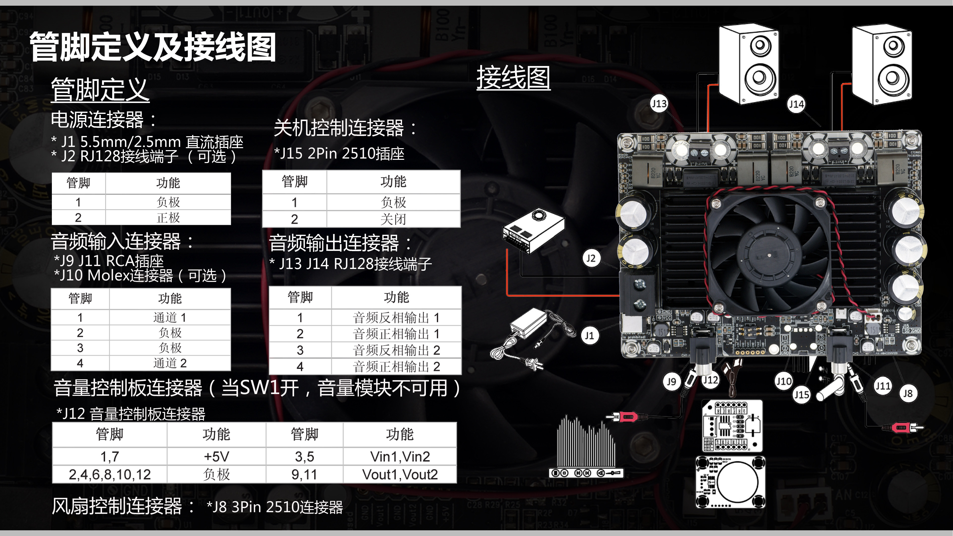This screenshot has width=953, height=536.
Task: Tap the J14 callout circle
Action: (x=796, y=104)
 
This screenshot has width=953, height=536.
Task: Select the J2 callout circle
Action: (x=591, y=258)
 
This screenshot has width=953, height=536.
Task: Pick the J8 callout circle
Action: (x=908, y=393)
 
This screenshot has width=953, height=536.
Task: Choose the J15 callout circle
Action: (x=801, y=395)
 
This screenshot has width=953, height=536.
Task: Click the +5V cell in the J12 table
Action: (x=216, y=457)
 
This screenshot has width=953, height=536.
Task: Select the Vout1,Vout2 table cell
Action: (x=400, y=474)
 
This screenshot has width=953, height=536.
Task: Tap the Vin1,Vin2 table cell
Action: (x=400, y=457)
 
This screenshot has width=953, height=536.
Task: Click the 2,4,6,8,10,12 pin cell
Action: (x=110, y=474)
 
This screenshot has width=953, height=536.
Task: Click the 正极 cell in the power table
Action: (x=168, y=218)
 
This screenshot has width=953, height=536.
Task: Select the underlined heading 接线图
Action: (x=513, y=78)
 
